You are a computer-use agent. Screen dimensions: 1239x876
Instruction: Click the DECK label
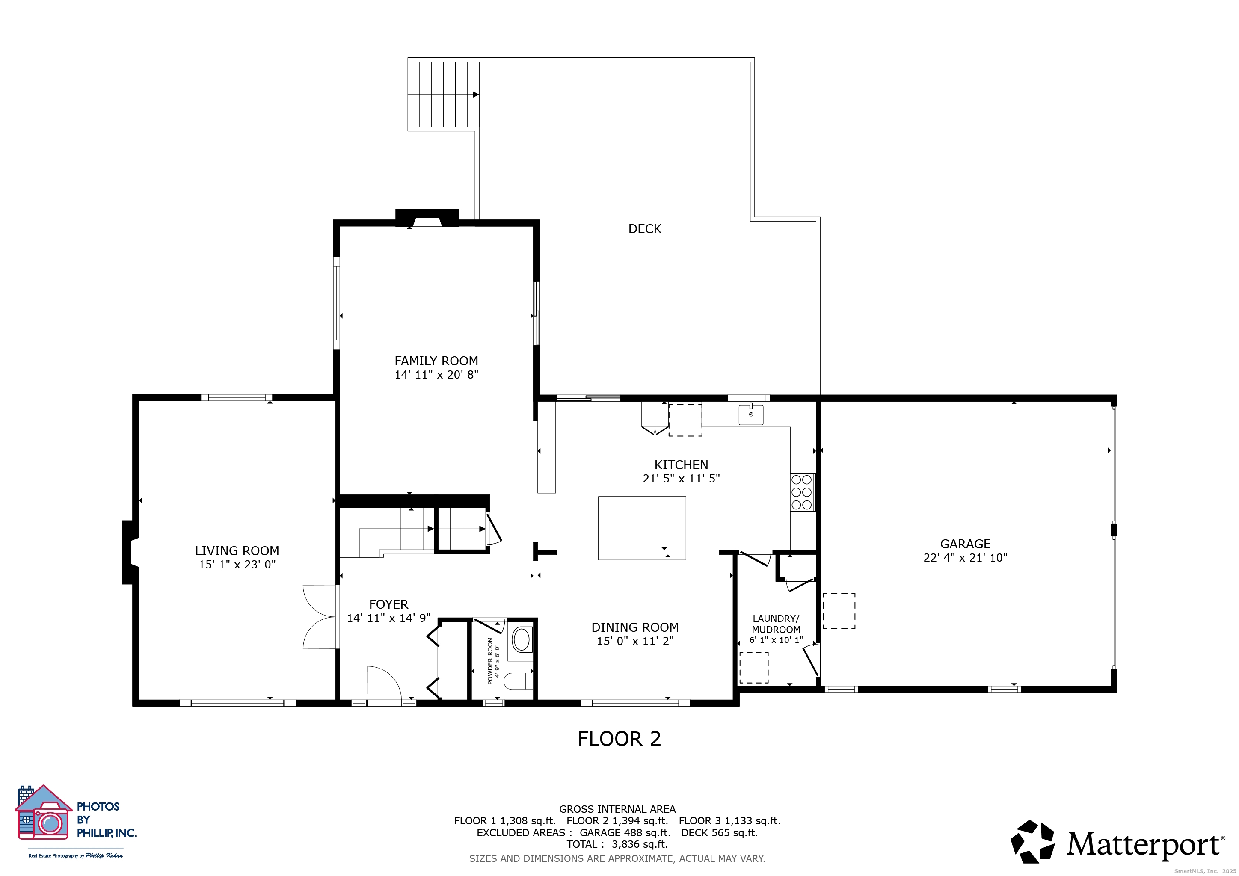[645, 229]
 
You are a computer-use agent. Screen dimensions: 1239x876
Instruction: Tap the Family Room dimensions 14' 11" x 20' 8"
[436, 374]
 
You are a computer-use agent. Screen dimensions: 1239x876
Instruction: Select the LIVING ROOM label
[237, 551]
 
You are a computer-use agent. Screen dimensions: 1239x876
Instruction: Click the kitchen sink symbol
[751, 414]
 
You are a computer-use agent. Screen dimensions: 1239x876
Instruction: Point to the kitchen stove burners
[802, 492]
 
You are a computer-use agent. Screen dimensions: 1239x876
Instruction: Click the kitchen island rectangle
[642, 528]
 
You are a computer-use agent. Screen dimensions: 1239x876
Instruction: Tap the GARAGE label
[966, 544]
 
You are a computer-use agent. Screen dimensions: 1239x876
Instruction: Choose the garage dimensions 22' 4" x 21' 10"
[966, 558]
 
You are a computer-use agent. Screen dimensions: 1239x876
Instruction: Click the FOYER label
[388, 604]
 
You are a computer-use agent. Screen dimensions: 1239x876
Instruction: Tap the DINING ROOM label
[635, 627]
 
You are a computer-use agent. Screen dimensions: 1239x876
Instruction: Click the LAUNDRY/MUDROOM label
[776, 624]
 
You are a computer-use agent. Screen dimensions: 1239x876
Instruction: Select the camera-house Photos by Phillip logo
[43, 813]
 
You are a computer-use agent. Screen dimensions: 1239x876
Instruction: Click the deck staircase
[443, 95]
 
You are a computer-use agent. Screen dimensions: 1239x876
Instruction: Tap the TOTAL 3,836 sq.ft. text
[617, 844]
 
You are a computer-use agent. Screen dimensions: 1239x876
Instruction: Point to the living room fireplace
[130, 552]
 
